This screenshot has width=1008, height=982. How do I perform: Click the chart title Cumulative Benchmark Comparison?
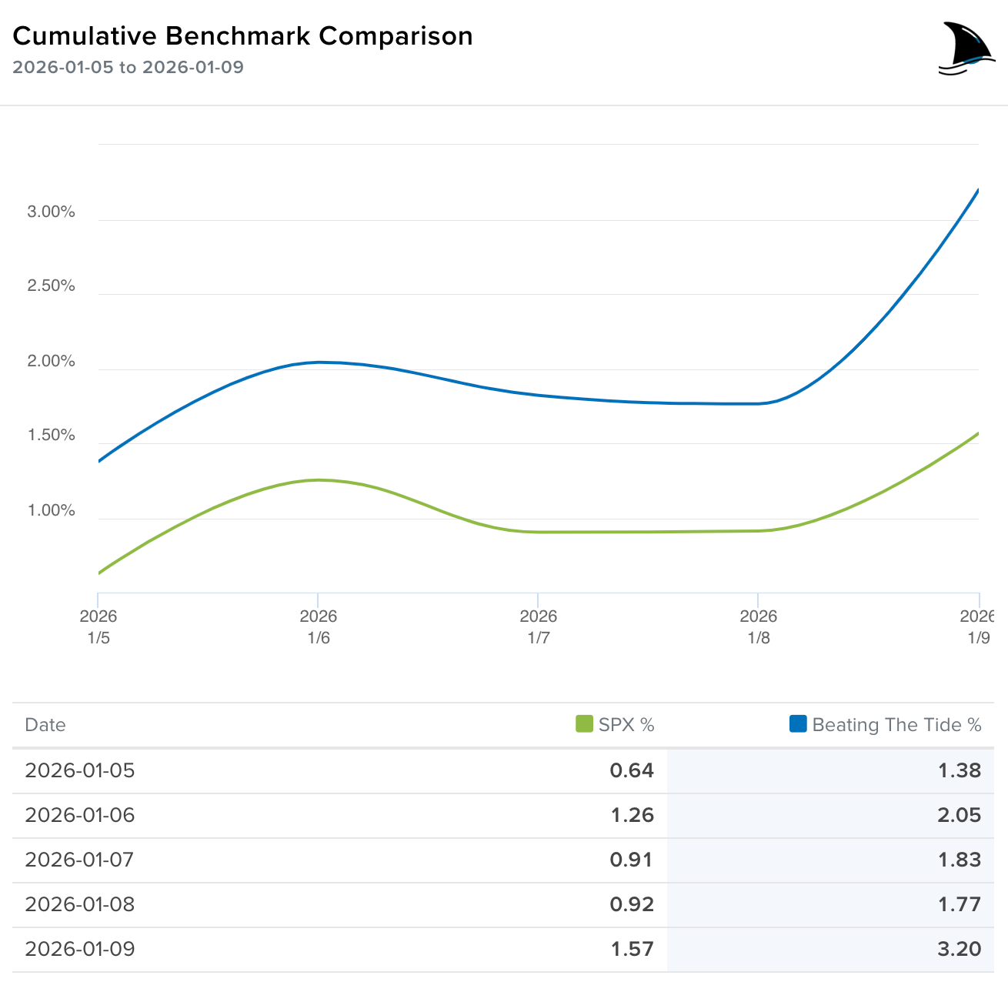point(242,36)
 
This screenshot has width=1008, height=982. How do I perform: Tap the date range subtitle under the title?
point(128,67)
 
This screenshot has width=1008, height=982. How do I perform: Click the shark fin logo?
point(966,49)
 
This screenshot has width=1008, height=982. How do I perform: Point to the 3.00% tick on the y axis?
point(51,212)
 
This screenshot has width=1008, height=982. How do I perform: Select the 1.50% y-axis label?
point(51,436)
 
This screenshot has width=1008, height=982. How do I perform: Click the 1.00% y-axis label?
point(51,511)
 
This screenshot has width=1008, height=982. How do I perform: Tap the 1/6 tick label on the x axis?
point(319,627)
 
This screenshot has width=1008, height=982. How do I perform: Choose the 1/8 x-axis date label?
point(759,627)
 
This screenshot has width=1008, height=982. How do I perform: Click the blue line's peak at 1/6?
point(319,362)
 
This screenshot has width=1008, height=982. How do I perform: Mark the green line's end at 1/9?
point(977,434)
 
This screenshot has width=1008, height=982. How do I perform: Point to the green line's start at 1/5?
point(99,573)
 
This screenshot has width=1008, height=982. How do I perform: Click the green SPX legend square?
point(584,724)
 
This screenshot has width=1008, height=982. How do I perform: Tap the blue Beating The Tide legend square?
point(798,724)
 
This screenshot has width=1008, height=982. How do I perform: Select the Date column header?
point(45,725)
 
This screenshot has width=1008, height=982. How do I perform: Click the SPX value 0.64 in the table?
point(632,770)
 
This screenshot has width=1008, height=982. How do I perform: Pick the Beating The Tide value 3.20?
point(959,949)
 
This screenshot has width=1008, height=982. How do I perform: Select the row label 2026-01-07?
point(80,860)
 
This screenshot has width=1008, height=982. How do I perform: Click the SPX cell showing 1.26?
point(632,815)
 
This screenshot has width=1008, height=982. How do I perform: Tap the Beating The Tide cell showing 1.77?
point(959,904)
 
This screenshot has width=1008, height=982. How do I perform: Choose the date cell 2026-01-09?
point(80,949)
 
